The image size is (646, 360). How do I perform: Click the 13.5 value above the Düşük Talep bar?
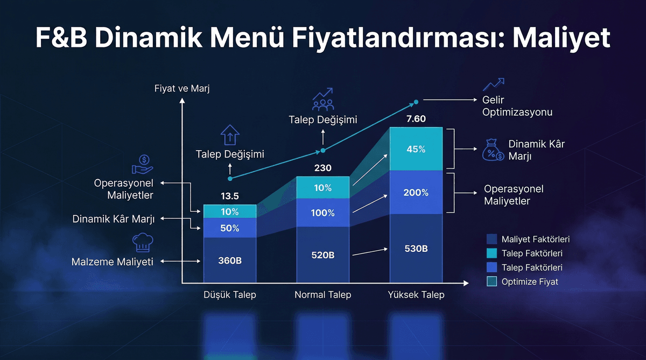pyautogui.click(x=229, y=196)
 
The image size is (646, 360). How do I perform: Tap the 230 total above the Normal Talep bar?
pyautogui.click(x=322, y=168)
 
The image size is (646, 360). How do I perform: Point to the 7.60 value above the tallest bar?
pyautogui.click(x=416, y=118)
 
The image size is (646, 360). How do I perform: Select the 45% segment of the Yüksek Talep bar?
pyautogui.click(x=416, y=149)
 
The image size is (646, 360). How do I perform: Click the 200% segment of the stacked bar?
pyautogui.click(x=416, y=192)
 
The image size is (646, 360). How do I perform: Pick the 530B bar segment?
pyautogui.click(x=416, y=248)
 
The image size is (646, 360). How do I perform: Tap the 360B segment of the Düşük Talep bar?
pyautogui.click(x=229, y=260)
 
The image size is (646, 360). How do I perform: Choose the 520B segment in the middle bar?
pyautogui.click(x=322, y=255)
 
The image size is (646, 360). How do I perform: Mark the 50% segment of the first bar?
pyautogui.click(x=229, y=228)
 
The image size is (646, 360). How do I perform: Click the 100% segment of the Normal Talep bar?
pyautogui.click(x=322, y=213)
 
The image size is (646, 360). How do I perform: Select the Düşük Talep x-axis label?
pyautogui.click(x=230, y=295)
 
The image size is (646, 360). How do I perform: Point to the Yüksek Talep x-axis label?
pyautogui.click(x=416, y=295)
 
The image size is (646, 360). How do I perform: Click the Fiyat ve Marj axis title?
pyautogui.click(x=181, y=88)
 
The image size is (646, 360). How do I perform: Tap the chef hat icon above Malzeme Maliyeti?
pyautogui.click(x=143, y=243)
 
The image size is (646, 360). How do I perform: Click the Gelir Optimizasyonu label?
pyautogui.click(x=517, y=107)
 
